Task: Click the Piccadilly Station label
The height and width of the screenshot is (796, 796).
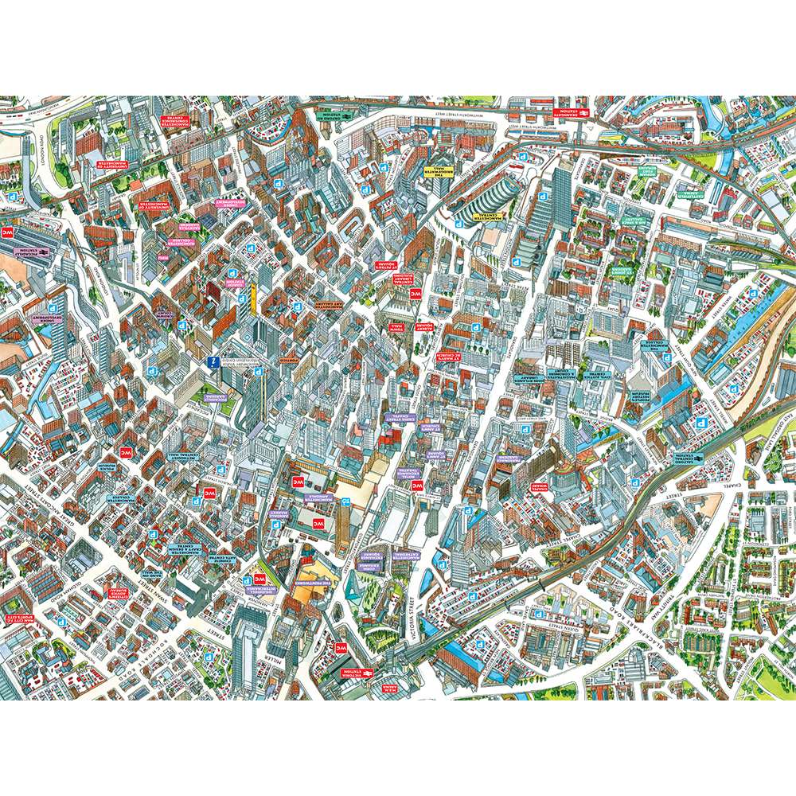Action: (x=24, y=250)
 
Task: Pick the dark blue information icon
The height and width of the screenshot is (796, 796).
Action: (x=213, y=362)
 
